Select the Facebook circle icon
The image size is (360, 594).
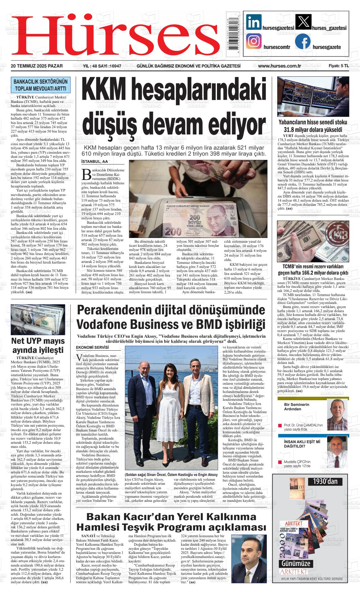point(303,42)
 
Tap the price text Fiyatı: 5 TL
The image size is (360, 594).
point(339,66)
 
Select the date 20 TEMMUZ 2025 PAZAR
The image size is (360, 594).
point(36,66)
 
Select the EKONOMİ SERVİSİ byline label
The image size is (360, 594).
point(93,347)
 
